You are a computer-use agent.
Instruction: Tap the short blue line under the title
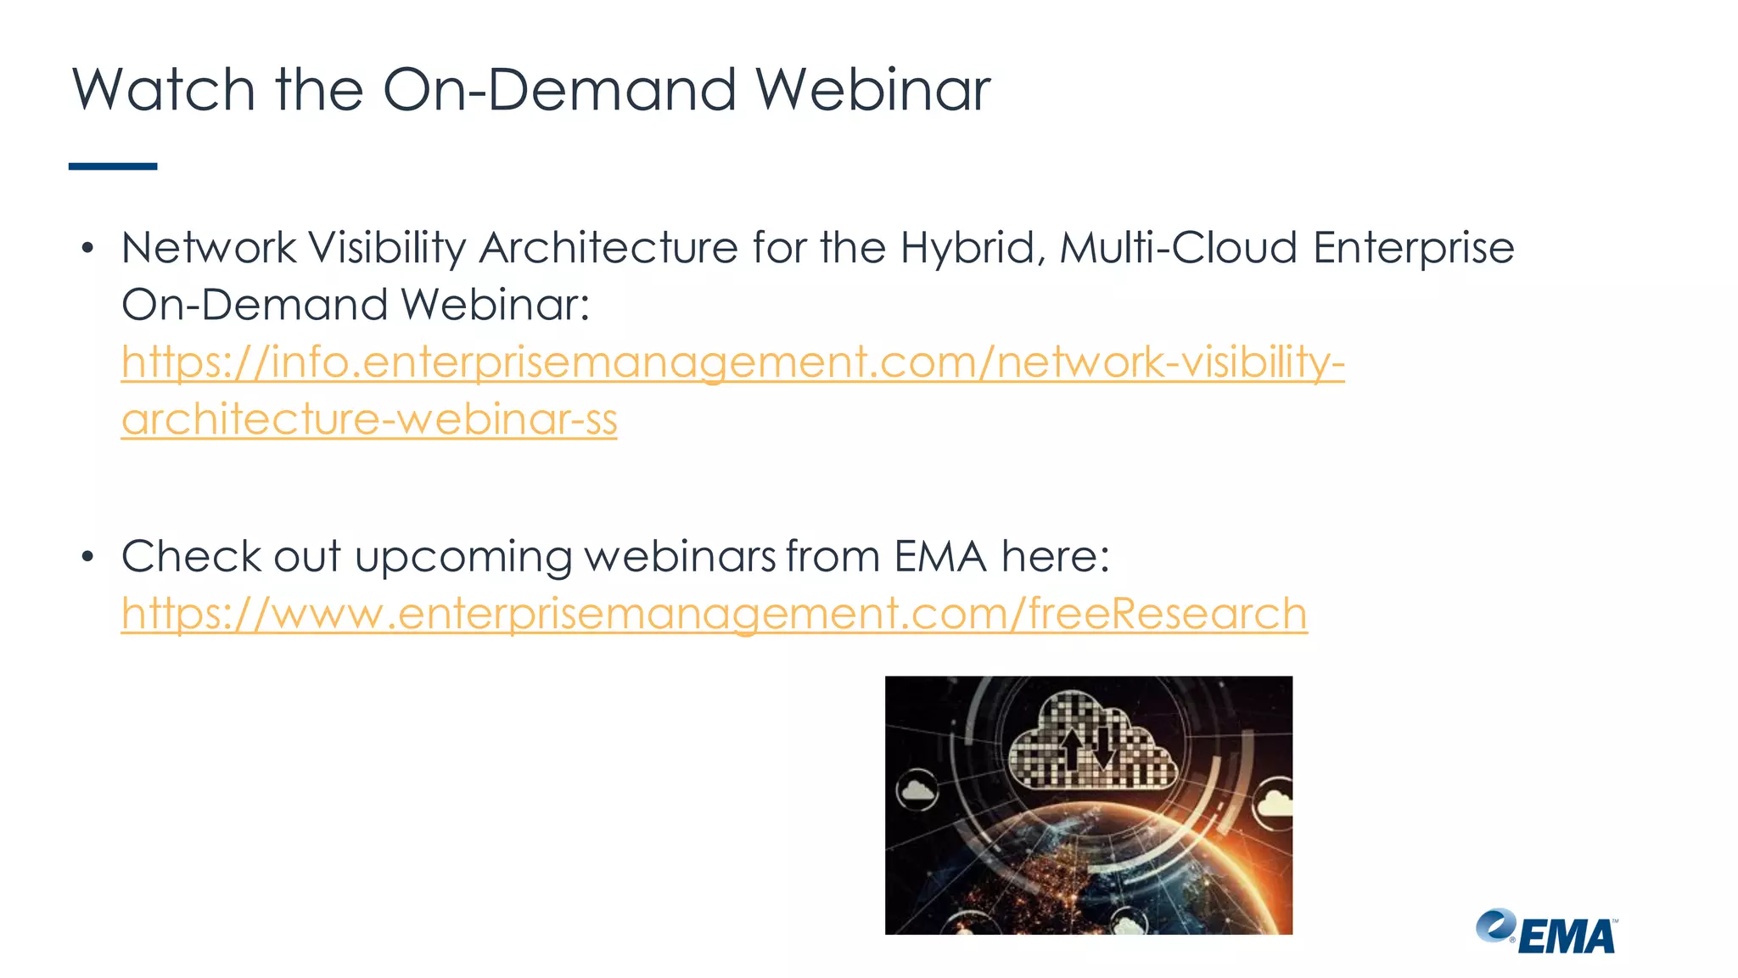[113, 166]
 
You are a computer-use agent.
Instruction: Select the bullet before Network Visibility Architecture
[87, 249]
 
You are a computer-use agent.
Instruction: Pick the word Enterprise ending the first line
[1413, 249]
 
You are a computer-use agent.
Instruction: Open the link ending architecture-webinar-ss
[369, 419]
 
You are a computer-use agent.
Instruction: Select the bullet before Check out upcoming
[87, 558]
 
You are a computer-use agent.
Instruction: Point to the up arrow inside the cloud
[1073, 747]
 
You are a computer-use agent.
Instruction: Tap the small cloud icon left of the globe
[917, 791]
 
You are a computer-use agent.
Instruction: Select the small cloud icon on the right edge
[1275, 803]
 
